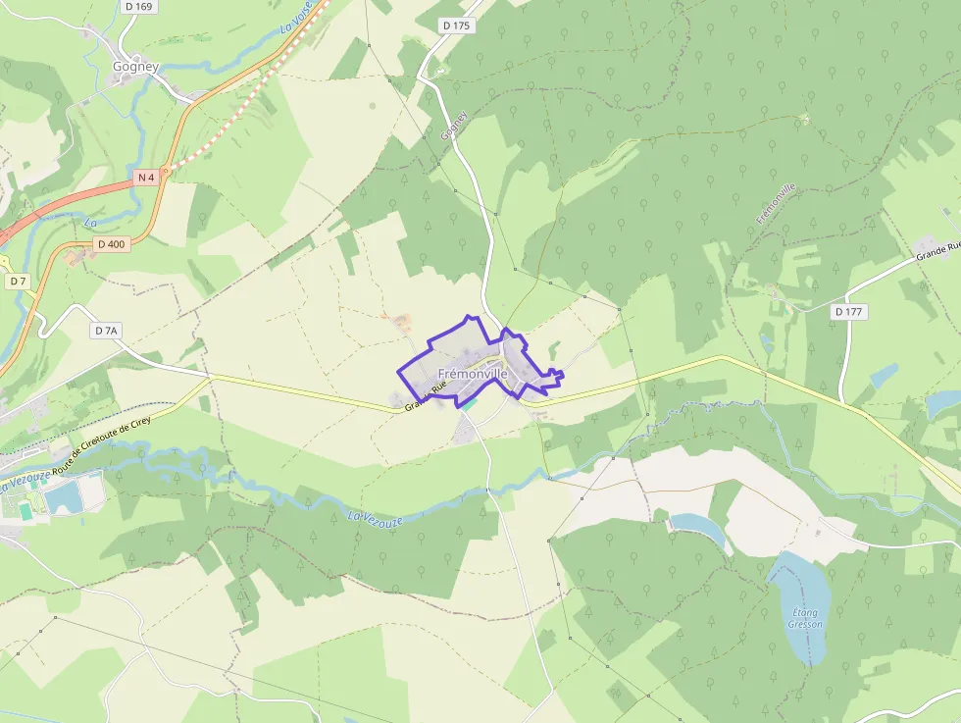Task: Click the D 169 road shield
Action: pyautogui.click(x=140, y=7)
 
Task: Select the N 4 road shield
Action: pyautogui.click(x=146, y=177)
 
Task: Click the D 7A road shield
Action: pyautogui.click(x=107, y=331)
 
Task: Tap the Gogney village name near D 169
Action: pyautogui.click(x=135, y=67)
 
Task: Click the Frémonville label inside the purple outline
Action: pyautogui.click(x=473, y=374)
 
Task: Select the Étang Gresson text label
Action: pyautogui.click(x=806, y=618)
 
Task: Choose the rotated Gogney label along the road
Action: pyautogui.click(x=453, y=125)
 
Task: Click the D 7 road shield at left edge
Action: pyautogui.click(x=17, y=282)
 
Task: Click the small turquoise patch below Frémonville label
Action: pyautogui.click(x=470, y=402)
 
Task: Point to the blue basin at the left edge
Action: pyautogui.click(x=63, y=498)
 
